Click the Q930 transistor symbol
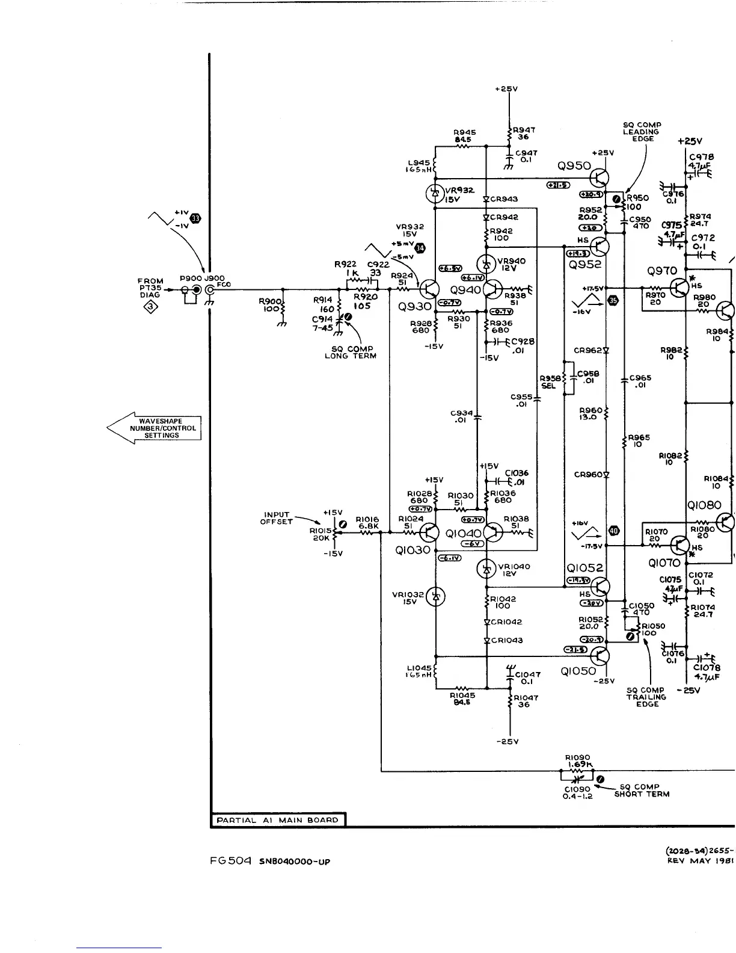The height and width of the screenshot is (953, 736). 430,289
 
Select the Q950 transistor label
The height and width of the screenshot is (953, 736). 575,166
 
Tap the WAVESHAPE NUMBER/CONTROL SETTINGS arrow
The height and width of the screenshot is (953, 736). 155,428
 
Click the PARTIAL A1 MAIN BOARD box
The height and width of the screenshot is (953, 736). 278,820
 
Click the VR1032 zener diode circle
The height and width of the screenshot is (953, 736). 435,596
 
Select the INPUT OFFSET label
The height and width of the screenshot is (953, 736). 277,518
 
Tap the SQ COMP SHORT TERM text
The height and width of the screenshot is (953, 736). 642,790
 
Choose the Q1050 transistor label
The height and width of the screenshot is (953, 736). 578,671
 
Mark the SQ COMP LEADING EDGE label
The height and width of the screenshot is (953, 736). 642,132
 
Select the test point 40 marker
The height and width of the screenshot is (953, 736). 614,530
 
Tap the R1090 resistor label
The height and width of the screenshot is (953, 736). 577,757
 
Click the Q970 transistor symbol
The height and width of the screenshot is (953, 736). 679,288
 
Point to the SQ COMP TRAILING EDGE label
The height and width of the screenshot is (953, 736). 646,697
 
